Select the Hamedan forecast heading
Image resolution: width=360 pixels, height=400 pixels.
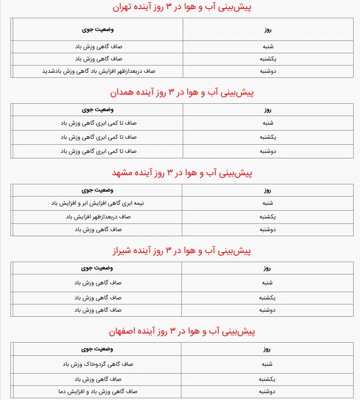[182, 93]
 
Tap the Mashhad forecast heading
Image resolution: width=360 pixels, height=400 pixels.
[182, 173]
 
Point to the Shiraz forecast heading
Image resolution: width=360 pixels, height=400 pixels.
[182, 251]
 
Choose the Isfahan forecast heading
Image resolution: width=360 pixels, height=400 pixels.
[182, 332]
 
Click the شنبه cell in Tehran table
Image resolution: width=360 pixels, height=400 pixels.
[268, 46]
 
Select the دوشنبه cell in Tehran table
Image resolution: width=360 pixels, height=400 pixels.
[268, 71]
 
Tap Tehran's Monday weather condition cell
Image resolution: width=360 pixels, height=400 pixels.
[99, 71]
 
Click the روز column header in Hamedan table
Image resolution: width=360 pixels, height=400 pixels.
[268, 110]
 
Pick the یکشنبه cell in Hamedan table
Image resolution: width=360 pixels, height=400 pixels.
[268, 137]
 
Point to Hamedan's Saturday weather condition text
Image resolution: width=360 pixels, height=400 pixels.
[99, 123]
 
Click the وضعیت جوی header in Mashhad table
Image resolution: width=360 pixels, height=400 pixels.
[98, 190]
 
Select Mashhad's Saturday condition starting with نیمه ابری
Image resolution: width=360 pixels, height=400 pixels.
[99, 203]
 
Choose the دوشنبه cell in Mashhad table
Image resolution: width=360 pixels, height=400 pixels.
[268, 229]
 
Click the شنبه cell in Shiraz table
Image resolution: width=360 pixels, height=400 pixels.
[268, 283]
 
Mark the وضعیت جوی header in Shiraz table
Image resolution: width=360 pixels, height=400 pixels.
[98, 268]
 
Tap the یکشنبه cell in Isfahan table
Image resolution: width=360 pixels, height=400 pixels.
[268, 379]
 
